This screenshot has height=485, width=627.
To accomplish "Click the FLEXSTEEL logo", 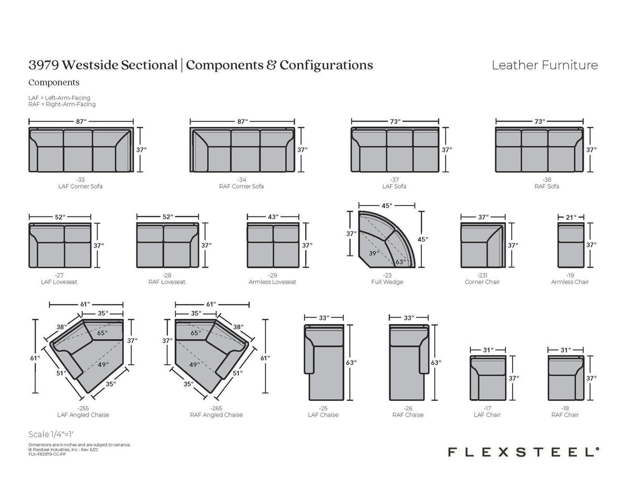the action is pos(523,452).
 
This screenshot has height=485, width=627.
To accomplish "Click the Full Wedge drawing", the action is pos(387,239).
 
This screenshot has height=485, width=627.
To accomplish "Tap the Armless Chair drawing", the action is pos(571,245).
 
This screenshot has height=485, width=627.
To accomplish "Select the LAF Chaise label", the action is pos(323,415).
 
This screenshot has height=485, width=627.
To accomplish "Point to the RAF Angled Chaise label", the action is pos(216,415).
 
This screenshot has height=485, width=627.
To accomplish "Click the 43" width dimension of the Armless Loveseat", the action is pos(273,217).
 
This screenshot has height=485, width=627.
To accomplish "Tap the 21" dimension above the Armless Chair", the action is pos(571,217).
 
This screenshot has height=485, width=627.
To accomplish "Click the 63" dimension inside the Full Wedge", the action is pos(400,262).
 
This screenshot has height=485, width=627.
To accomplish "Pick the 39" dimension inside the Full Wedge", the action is pos(374,253).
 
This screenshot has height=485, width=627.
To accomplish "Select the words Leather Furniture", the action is pos(545,65).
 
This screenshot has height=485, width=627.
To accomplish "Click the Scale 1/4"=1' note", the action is pos(51,434).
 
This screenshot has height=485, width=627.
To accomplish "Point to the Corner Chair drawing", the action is pos(483,245).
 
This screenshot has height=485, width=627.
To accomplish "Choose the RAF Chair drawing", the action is pos(566,378).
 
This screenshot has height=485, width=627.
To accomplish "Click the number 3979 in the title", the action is pos(43,65).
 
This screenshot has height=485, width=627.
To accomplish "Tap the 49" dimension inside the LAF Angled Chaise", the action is pos(103,365).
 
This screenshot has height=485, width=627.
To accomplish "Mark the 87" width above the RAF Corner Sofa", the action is pos(242,122).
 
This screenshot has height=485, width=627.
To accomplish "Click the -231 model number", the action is pos(482,275).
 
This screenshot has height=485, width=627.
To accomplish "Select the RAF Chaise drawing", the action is pos(409,362).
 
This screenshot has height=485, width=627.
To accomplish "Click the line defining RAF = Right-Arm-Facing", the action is pos(62,104).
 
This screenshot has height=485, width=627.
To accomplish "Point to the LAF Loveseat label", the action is pos(59,282).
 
